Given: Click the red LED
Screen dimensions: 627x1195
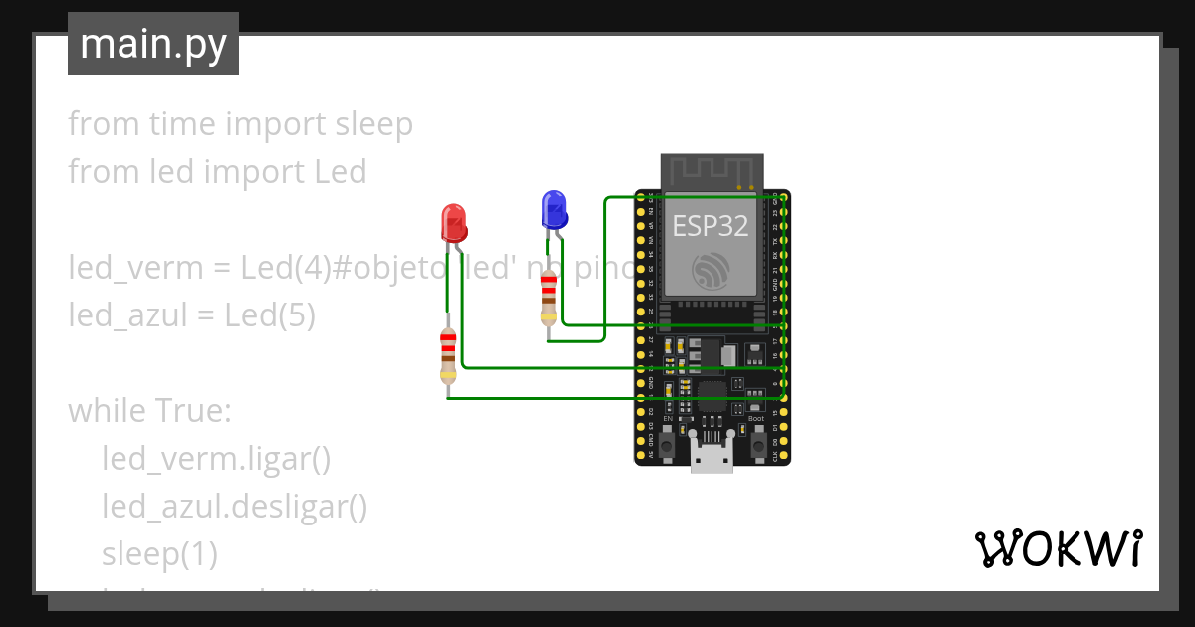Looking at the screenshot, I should (x=453, y=222).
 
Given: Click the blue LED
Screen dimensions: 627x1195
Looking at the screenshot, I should (x=553, y=210).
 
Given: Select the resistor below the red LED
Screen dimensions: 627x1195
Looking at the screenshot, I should (x=448, y=356).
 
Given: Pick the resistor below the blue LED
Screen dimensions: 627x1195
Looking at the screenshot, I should (x=548, y=298).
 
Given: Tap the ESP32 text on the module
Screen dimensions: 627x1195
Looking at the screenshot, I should (x=710, y=225).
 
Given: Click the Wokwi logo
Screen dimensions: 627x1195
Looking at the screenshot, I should (x=1057, y=549).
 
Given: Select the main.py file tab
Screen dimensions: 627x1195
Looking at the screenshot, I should (x=153, y=44).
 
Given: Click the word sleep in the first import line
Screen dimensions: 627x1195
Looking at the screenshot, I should (x=373, y=124).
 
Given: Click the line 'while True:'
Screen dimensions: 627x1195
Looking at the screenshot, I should (x=149, y=411).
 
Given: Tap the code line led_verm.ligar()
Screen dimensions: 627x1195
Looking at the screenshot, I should (x=215, y=459).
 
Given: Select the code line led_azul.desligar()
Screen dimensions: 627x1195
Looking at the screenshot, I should (x=234, y=507).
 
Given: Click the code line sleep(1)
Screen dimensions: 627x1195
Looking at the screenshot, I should (x=159, y=554).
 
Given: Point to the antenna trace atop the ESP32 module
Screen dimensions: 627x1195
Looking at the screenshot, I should (x=712, y=170).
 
